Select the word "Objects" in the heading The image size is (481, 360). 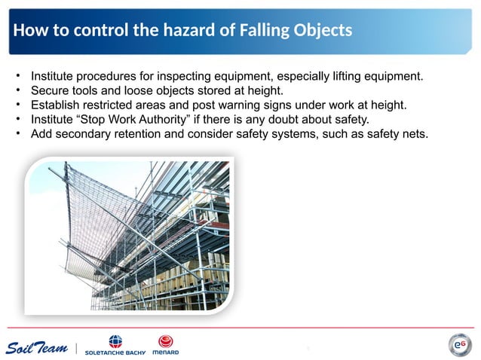[322, 31]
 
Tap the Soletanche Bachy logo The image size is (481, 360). [115, 346]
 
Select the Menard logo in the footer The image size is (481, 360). [165, 346]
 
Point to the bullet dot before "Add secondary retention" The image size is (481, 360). [17, 134]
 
